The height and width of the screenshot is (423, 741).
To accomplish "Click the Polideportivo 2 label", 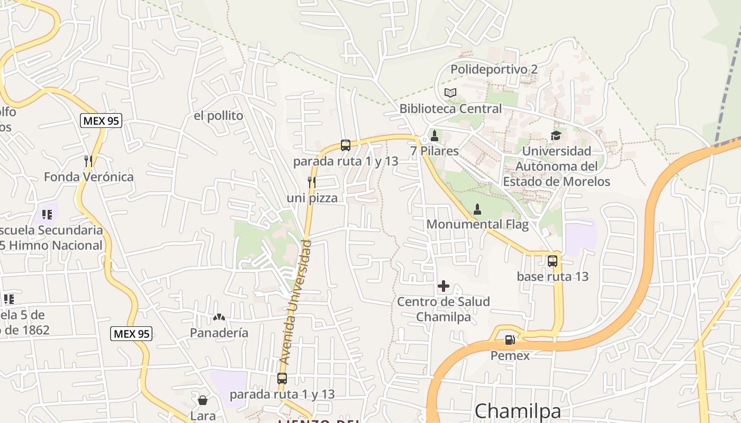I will pyautogui.click(x=493, y=69).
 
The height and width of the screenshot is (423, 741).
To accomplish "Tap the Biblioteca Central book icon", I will pyautogui.click(x=450, y=93).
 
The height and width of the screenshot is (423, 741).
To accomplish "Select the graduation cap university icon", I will pyautogui.click(x=556, y=136).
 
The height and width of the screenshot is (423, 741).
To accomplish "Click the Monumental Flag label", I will pyautogui.click(x=477, y=224).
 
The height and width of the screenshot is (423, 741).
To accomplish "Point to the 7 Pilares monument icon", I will pyautogui.click(x=435, y=136).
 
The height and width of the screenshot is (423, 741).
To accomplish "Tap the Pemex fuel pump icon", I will pyautogui.click(x=510, y=340).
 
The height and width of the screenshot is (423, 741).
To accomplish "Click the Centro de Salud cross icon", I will pyautogui.click(x=444, y=287).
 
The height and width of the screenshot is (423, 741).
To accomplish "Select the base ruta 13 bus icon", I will pyautogui.click(x=553, y=261).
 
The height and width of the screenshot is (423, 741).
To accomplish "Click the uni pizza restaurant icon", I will pyautogui.click(x=312, y=182).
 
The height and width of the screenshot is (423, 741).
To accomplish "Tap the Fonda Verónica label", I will pyautogui.click(x=88, y=177).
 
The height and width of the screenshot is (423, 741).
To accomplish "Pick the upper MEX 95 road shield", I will pyautogui.click(x=101, y=121).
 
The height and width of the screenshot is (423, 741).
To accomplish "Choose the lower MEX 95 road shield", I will pyautogui.click(x=132, y=334).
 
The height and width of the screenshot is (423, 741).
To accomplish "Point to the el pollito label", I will pyautogui.click(x=218, y=116).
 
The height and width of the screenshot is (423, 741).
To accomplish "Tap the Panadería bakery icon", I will pyautogui.click(x=219, y=317).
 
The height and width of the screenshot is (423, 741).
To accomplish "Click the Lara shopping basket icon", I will pyautogui.click(x=202, y=400).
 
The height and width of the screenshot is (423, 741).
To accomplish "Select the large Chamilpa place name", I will pyautogui.click(x=517, y=411).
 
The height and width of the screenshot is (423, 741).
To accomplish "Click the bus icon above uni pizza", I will pyautogui.click(x=346, y=145).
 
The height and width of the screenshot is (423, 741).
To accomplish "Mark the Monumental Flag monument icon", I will pyautogui.click(x=477, y=209).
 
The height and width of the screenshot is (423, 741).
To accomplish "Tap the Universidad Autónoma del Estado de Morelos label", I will pyautogui.click(x=556, y=166).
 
